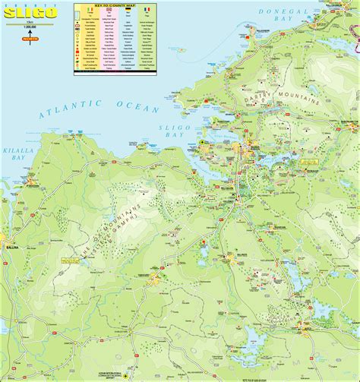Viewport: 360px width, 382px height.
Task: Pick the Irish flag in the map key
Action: point(93,10)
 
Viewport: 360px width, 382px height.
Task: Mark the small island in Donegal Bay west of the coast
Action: point(182,51)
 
